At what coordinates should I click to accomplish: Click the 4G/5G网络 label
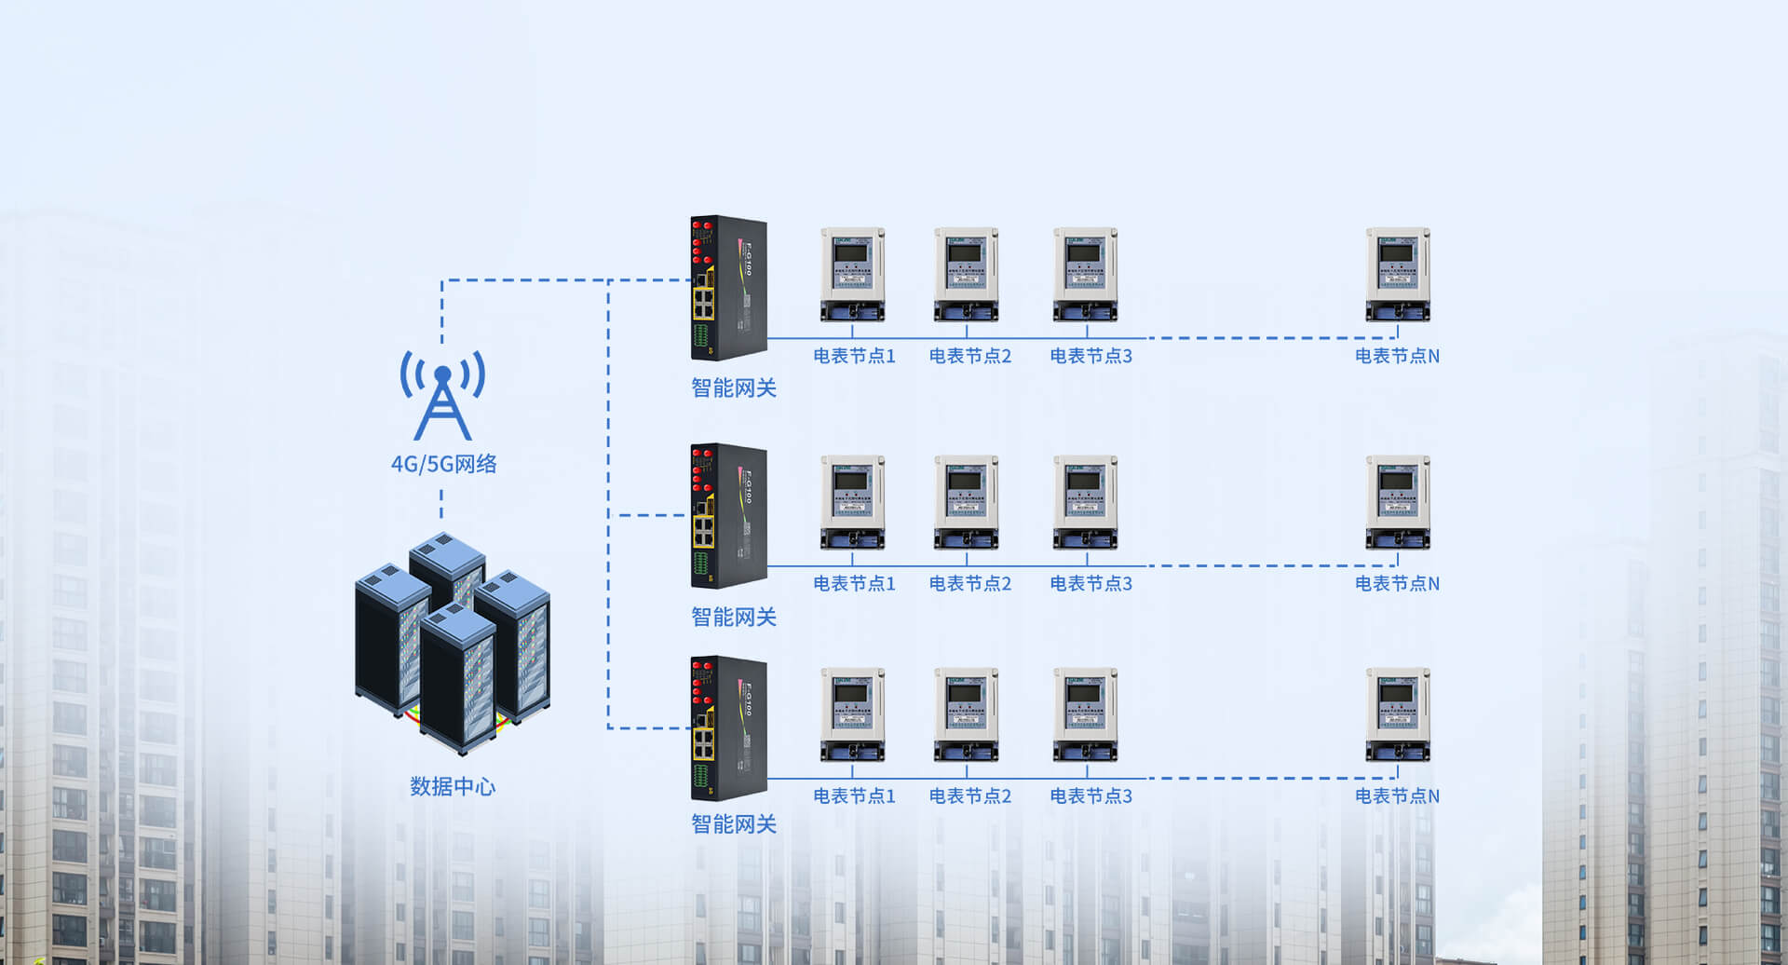[x=443, y=463]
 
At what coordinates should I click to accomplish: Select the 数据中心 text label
[x=453, y=786]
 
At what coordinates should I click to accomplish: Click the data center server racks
[x=453, y=642]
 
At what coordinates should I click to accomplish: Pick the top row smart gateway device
[x=728, y=288]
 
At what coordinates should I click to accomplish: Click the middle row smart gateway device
[x=728, y=515]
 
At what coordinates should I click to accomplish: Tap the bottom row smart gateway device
[x=728, y=728]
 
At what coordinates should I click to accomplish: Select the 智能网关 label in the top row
[x=734, y=387]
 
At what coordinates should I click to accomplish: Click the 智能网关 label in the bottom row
[x=734, y=823]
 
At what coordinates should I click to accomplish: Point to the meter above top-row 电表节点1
[x=852, y=275]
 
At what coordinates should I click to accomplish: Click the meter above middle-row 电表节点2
[x=966, y=502]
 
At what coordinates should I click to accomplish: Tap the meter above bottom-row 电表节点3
[x=1085, y=714]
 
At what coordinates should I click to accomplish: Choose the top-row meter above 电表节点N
[x=1397, y=275]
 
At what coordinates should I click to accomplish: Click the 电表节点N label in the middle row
[x=1397, y=583]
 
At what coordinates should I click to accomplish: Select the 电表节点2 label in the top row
[x=969, y=356]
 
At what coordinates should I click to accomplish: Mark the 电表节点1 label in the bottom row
[x=854, y=795]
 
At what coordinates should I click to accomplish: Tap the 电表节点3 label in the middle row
[x=1090, y=583]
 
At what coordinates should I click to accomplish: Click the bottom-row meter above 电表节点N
[x=1397, y=714]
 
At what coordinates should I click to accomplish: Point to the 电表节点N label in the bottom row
[x=1397, y=795]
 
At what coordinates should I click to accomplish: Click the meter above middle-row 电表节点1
[x=852, y=502]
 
